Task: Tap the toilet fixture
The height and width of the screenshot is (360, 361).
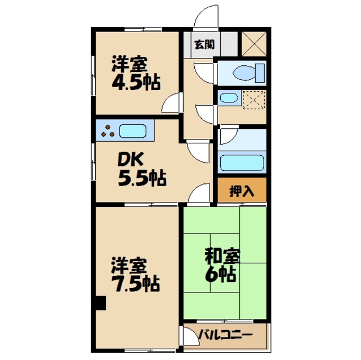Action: (248, 73)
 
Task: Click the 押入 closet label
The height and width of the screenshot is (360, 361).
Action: (242, 191)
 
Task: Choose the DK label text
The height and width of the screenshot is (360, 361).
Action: (130, 160)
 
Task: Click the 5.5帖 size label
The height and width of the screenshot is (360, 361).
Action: (141, 179)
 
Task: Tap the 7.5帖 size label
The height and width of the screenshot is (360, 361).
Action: (135, 282)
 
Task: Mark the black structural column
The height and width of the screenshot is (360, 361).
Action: (100, 303)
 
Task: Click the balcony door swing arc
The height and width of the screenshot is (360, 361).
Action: (188, 336)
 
